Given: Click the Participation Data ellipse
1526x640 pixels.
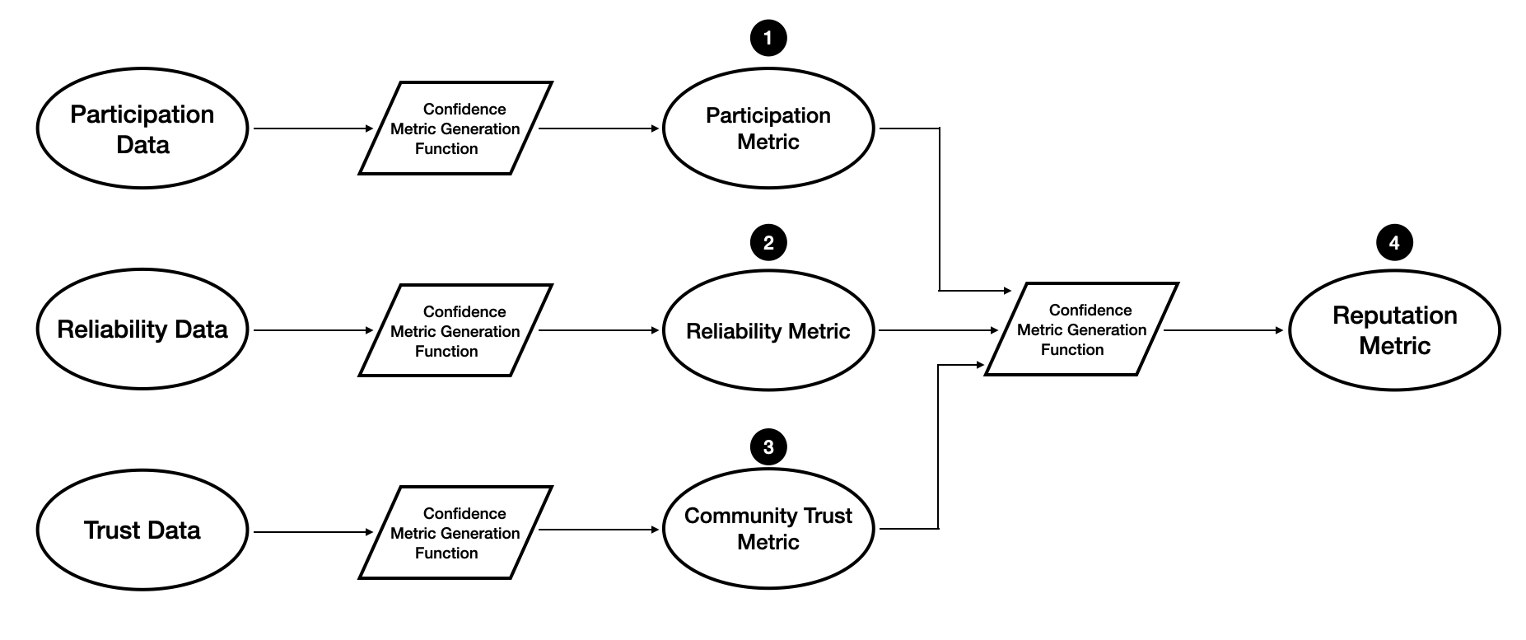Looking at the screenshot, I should tap(142, 128).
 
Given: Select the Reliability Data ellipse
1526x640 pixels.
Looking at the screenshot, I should tap(142, 329).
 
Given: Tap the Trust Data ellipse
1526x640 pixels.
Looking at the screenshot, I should tap(142, 530).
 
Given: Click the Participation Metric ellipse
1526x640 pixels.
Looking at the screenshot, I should tap(768, 128).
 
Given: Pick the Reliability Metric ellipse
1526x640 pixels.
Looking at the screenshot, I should tap(768, 330).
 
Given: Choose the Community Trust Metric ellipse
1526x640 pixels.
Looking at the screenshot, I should tap(768, 529).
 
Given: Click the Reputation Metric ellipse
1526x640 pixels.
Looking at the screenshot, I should tap(1394, 330).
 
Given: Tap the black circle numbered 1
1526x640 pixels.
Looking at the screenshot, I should tap(768, 38).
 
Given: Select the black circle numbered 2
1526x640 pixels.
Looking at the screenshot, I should tap(768, 243).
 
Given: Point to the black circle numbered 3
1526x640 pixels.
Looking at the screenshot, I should tap(768, 447).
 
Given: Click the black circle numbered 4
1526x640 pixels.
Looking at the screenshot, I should tap(1394, 243).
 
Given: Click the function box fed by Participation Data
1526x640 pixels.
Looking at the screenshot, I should tap(455, 128).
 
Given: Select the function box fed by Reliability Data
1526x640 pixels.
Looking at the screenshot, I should tap(455, 330).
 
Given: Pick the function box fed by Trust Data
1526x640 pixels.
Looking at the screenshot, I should tap(455, 532).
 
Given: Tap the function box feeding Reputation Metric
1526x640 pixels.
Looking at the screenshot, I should tap(1081, 329).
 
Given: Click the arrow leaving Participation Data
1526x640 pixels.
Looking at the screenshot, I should tap(313, 128).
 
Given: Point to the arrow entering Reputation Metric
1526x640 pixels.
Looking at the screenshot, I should tap(1224, 330).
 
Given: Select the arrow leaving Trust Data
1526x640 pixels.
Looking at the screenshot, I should tap(313, 532).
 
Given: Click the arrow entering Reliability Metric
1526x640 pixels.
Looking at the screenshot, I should tap(600, 330).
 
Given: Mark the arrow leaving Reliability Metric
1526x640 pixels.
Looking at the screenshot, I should tap(938, 330).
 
